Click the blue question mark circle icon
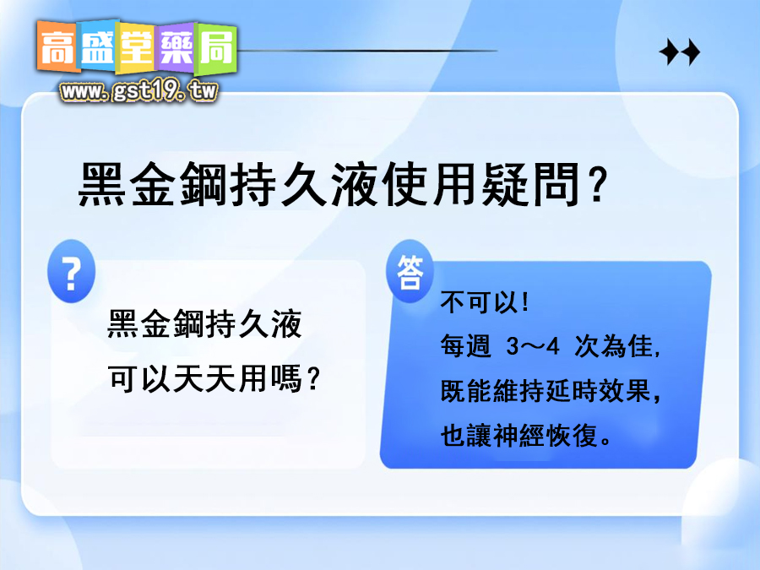click(72, 270)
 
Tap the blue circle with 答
click(410, 272)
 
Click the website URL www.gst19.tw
click(138, 90)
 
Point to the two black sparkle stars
click(680, 53)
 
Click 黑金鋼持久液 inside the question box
click(205, 325)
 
